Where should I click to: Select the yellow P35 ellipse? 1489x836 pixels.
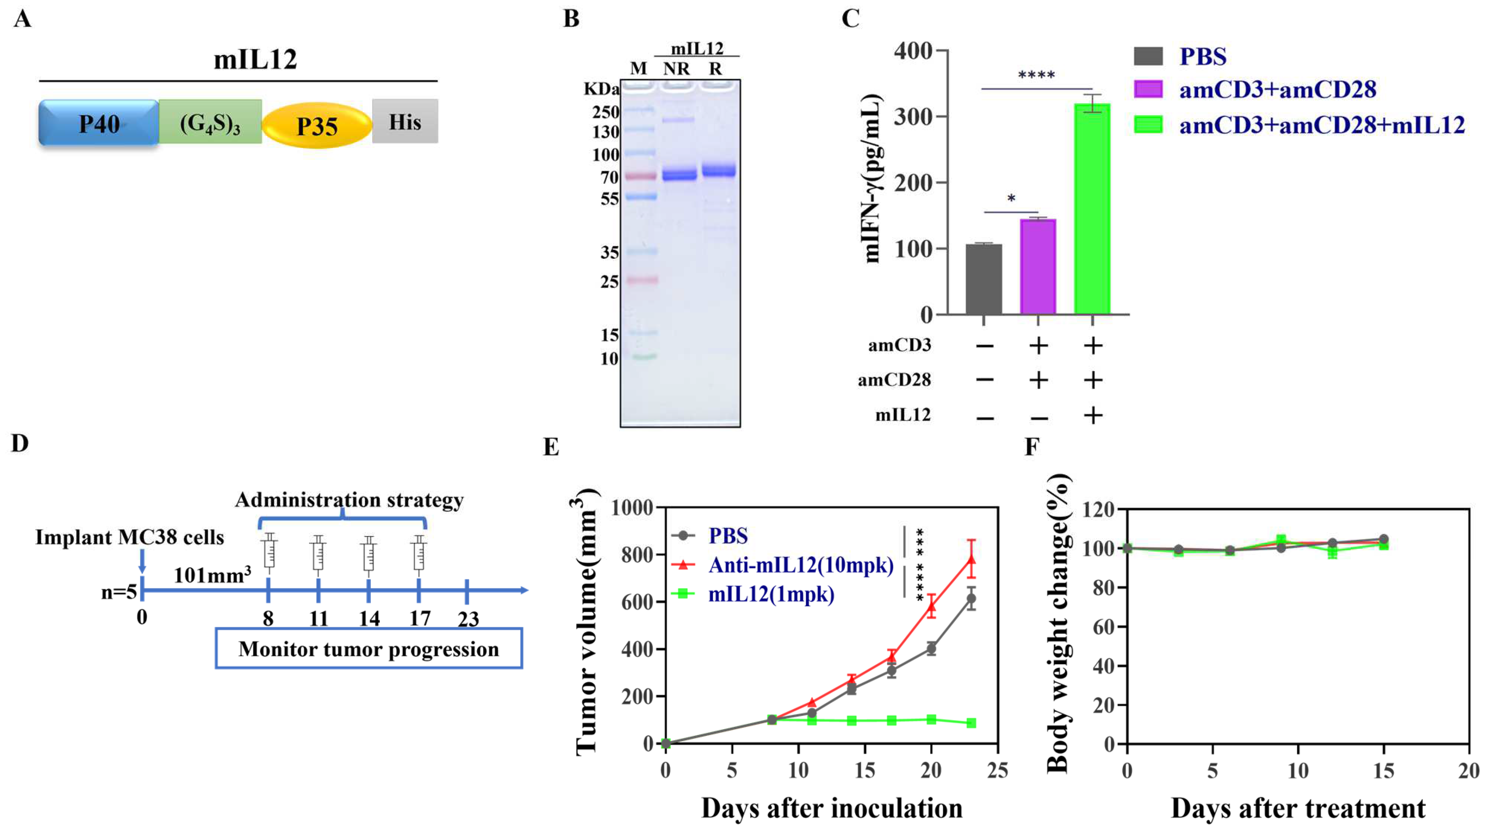(317, 125)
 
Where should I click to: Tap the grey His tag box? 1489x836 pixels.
(405, 121)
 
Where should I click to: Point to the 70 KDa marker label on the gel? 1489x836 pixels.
(609, 177)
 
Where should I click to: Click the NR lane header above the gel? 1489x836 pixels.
(676, 69)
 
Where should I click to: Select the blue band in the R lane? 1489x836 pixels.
(719, 170)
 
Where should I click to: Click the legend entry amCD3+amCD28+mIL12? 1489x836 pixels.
(1321, 125)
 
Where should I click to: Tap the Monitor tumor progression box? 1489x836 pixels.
(369, 649)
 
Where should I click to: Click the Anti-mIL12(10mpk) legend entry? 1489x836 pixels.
(800, 565)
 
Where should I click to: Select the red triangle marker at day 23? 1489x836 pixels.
(972, 559)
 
